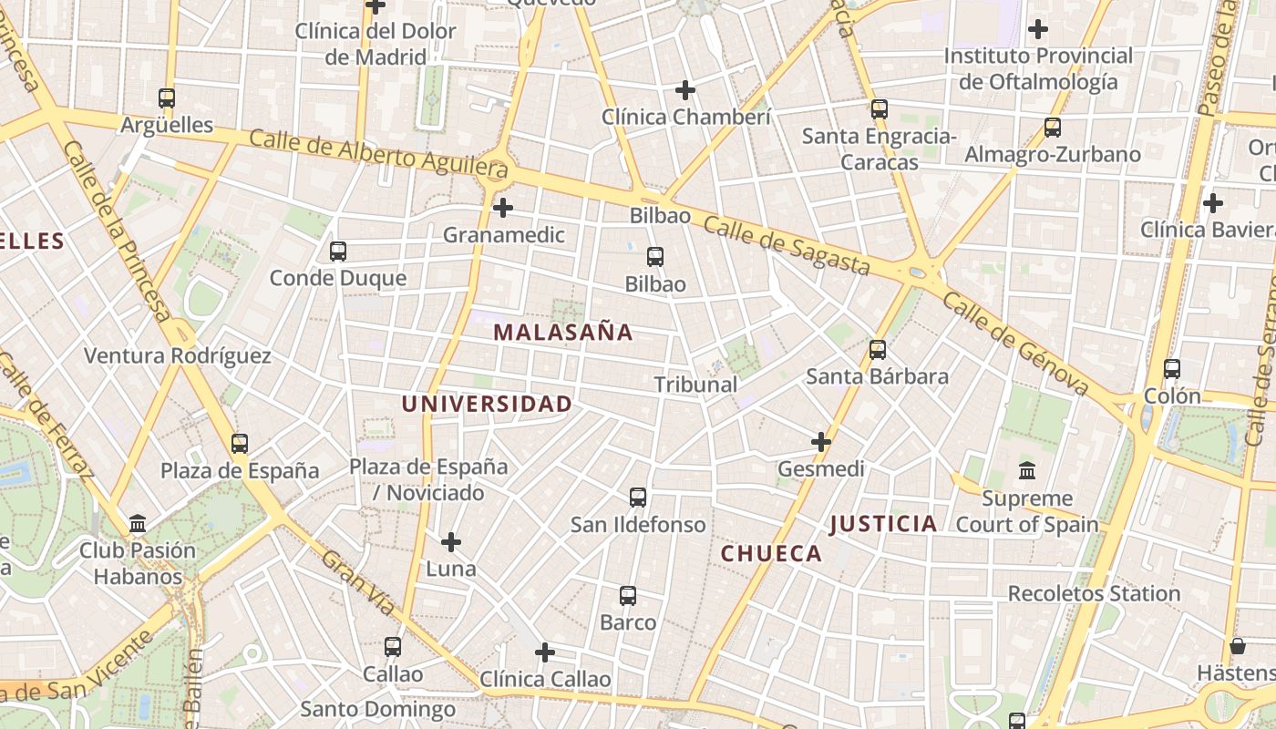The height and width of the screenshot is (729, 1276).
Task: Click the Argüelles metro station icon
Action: pyautogui.click(x=166, y=98)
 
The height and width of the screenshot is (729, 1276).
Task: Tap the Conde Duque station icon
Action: pyautogui.click(x=338, y=251)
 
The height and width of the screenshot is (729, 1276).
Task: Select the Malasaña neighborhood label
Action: pyautogui.click(x=562, y=333)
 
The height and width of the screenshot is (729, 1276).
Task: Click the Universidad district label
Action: pyautogui.click(x=488, y=404)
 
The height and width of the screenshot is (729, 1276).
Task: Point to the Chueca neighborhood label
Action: pyautogui.click(x=771, y=553)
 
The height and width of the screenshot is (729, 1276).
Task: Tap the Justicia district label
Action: pyautogui.click(x=883, y=523)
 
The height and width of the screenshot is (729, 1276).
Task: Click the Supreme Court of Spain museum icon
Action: pyautogui.click(x=1027, y=471)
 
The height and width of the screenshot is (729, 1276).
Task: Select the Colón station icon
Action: pyautogui.click(x=1172, y=369)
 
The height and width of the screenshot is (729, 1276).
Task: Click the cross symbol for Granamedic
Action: pyautogui.click(x=503, y=208)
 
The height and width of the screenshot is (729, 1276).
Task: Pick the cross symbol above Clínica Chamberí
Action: pyautogui.click(x=685, y=90)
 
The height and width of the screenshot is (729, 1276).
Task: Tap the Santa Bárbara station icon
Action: pyautogui.click(x=878, y=349)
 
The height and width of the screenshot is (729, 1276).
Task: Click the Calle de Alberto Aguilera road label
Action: pyautogui.click(x=377, y=153)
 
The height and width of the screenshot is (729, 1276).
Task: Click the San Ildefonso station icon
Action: pyautogui.click(x=638, y=497)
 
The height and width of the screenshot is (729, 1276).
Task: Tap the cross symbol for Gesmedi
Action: pyautogui.click(x=821, y=442)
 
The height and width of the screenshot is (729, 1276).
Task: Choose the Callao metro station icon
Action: pyautogui.click(x=393, y=646)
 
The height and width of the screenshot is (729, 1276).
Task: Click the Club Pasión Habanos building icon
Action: pyautogui.click(x=138, y=523)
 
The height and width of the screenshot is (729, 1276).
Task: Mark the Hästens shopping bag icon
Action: pyautogui.click(x=1238, y=646)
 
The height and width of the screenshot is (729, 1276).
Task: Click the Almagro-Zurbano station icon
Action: pyautogui.click(x=1053, y=127)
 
